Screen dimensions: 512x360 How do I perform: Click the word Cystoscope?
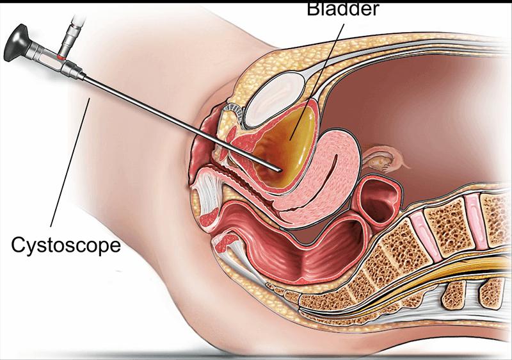tap(66, 245)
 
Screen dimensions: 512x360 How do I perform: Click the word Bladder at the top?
tap(343, 9)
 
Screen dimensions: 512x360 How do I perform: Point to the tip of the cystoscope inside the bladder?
tap(279, 170)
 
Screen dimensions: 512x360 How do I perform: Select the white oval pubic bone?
tap(274, 100)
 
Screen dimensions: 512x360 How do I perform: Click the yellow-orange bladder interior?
tap(287, 151)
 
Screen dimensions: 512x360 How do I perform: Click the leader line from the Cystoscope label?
tap(70, 162)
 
